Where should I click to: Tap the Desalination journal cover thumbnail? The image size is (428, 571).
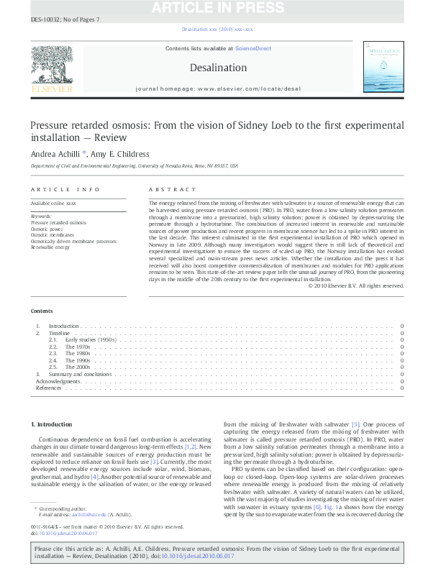tap(384, 70)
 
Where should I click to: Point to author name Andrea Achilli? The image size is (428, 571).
tap(55, 153)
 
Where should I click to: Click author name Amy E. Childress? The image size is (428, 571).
tap(123, 153)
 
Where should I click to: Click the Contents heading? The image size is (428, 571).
tap(42, 311)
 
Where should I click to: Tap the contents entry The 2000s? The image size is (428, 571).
tap(77, 367)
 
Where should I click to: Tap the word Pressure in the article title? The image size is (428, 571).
tap(49, 124)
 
